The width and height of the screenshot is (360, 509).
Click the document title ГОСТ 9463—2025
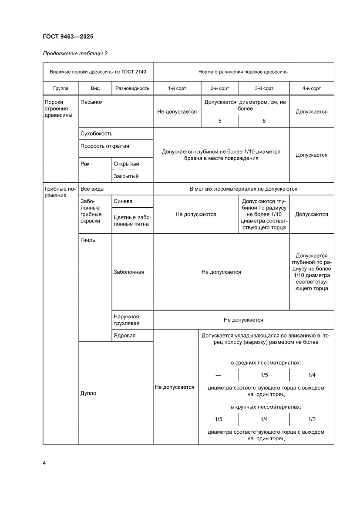pos(68,37)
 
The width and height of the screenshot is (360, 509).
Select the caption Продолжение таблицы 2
pos(75,54)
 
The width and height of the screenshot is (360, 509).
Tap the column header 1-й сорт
pos(177,88)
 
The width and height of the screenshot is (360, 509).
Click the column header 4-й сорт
pos(311,88)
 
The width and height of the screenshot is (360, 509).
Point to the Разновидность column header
pos(132,88)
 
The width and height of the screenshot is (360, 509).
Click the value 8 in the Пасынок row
pos(264,121)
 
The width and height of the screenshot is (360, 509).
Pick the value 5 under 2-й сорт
pos(220,121)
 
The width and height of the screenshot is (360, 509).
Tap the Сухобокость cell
pos(96,134)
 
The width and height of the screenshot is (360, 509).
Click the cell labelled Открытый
pos(126,164)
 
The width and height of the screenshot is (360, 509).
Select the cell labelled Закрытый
pos(126,176)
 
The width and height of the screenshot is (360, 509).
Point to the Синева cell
pos(123,201)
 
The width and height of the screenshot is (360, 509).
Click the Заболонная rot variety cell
pos(129,272)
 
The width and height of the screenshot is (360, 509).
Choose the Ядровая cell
pos(124,335)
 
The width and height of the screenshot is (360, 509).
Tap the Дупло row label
pos(88,393)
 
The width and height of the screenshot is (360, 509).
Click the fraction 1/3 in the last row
pos(311,419)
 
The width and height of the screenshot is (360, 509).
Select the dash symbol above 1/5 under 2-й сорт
pos(218,375)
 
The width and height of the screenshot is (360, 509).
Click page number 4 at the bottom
pos(44,462)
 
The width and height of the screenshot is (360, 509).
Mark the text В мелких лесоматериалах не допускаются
pos(243,189)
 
